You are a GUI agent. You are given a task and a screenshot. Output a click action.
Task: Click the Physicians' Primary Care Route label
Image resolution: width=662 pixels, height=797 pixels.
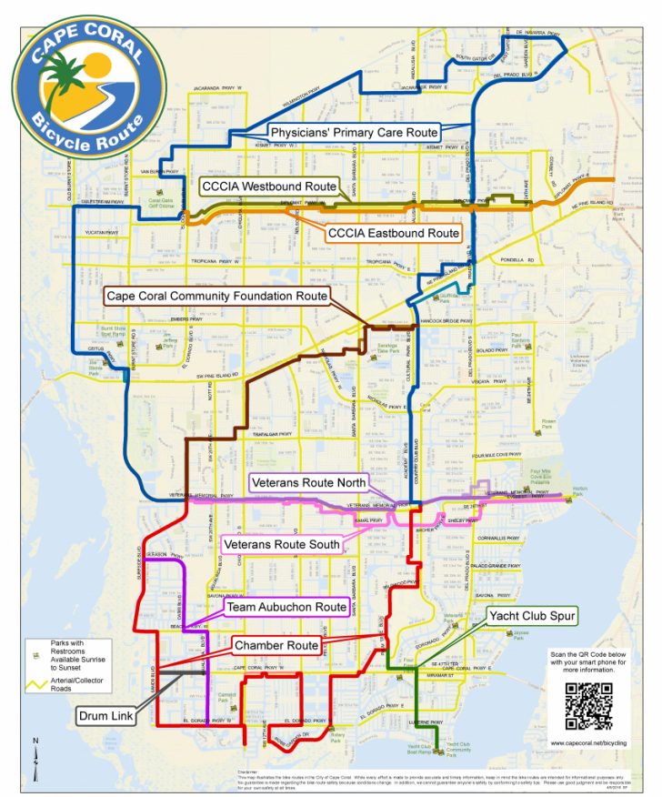tap(354, 132)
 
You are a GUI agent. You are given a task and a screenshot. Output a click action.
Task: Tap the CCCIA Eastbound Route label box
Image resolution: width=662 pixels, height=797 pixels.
tap(393, 233)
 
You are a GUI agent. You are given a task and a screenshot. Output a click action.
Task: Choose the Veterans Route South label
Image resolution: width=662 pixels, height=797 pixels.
tap(281, 544)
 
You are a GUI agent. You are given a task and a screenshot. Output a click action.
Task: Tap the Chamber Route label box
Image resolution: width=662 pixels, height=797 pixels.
tap(276, 646)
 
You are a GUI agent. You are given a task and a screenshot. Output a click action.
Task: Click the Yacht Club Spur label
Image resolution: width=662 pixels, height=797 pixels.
tap(533, 617)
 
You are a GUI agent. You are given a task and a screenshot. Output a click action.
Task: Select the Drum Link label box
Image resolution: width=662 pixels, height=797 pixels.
tap(107, 716)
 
